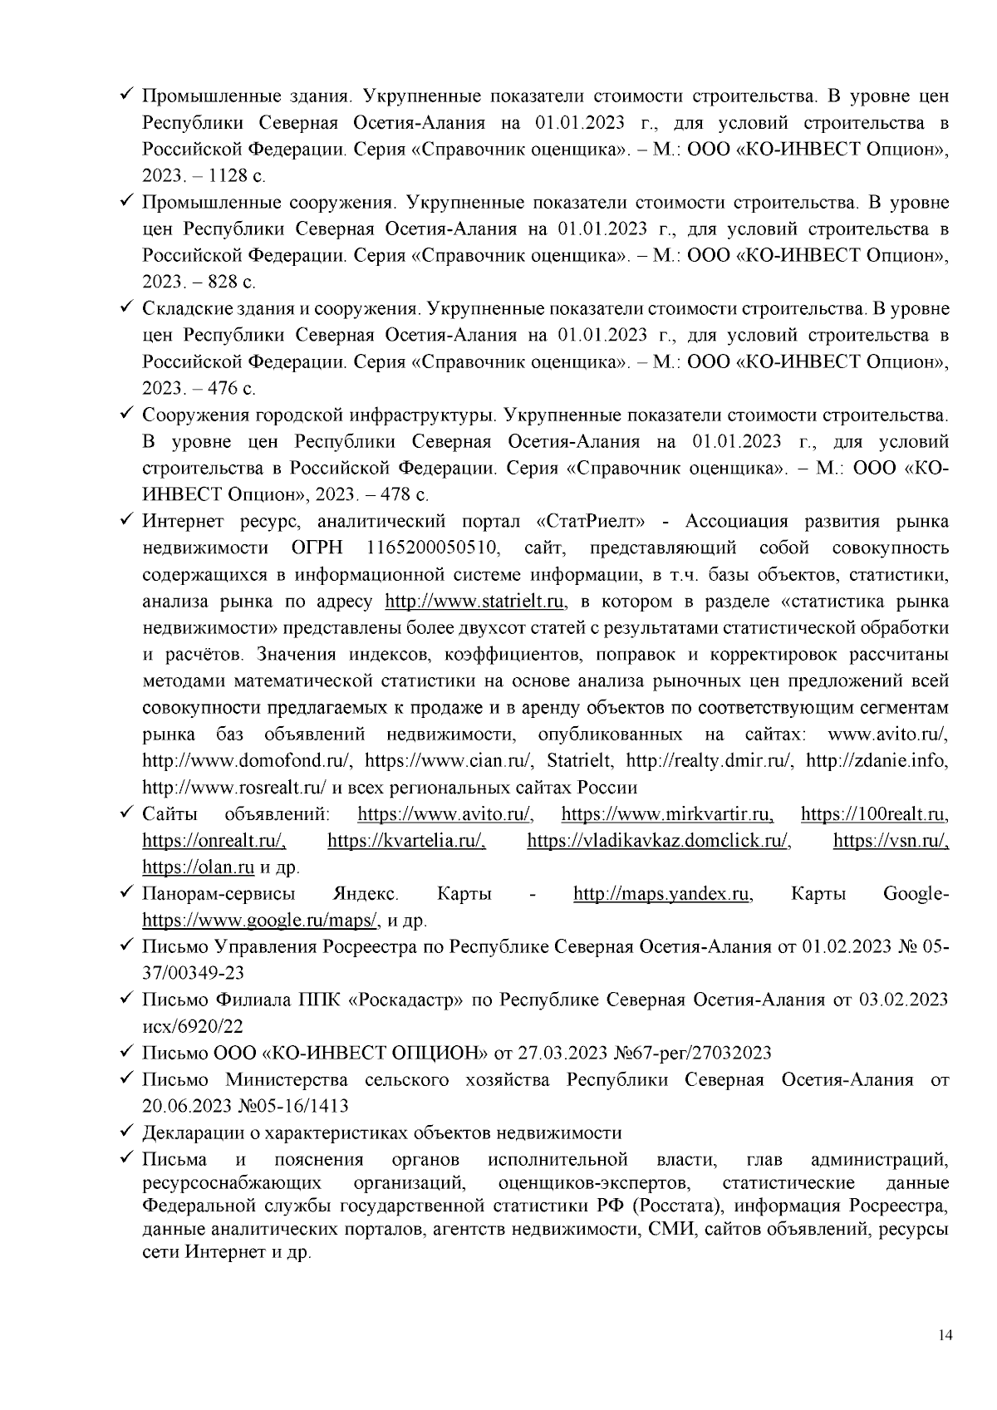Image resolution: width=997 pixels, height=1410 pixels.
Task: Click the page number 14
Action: pos(943,1335)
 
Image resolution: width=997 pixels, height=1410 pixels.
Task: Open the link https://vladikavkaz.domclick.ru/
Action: pos(659,840)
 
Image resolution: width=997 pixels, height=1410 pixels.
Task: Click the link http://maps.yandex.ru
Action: pos(662,894)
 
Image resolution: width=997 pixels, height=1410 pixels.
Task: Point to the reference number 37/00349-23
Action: pos(194,973)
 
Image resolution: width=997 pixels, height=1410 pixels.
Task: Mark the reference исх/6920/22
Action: pos(194,1027)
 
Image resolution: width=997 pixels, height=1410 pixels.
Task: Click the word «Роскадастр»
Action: pos(406,1000)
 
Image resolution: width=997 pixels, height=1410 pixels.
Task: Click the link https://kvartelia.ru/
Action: pos(406,840)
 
